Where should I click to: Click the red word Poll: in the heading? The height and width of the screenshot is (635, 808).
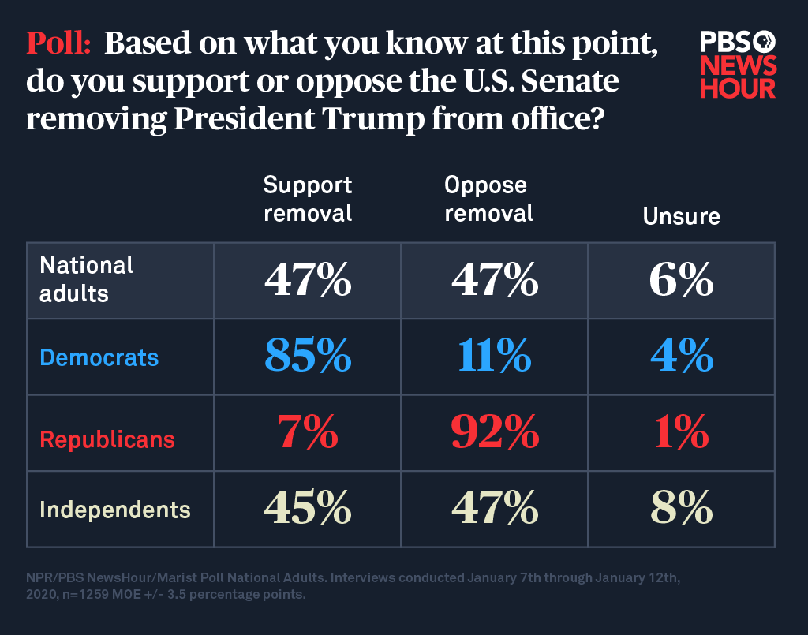[60, 44]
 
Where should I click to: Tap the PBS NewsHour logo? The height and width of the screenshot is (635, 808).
[738, 65]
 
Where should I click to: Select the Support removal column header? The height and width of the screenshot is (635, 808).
[308, 199]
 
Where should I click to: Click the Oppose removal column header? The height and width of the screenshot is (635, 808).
[488, 199]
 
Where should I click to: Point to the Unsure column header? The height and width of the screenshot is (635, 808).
[681, 216]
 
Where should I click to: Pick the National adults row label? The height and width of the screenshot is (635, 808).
[87, 279]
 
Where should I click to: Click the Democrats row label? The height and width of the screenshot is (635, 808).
[99, 357]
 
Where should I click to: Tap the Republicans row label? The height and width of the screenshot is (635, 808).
[107, 439]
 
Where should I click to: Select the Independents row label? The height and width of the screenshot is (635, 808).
[115, 510]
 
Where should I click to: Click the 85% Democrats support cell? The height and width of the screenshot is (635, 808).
[308, 357]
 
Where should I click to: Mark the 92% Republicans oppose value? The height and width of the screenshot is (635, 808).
[495, 433]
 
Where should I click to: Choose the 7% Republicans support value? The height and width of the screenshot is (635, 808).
[308, 433]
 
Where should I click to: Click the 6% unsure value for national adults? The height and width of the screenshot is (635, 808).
[681, 280]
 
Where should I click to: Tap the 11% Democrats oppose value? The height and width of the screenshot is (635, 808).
[495, 357]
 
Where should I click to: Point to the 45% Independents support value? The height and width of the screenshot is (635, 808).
[308, 510]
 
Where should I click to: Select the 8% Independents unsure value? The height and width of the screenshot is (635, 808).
[681, 510]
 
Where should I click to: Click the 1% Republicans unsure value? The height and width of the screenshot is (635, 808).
[681, 433]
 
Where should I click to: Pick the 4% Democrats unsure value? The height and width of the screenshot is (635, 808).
[681, 357]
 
